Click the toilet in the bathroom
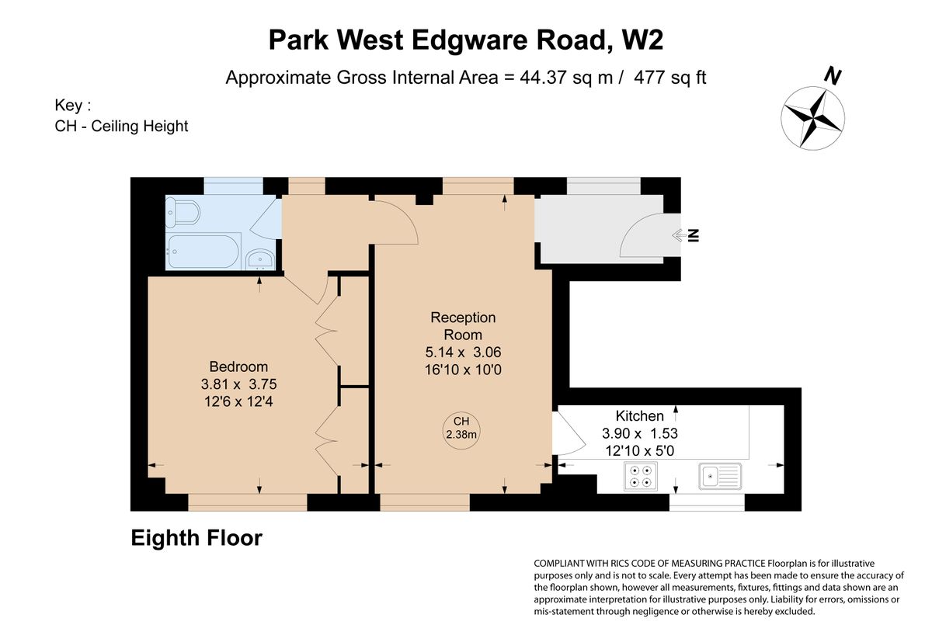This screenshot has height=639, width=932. click(x=183, y=213)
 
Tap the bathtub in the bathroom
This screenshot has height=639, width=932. click(x=203, y=252)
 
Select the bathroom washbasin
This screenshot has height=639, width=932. click(x=260, y=260)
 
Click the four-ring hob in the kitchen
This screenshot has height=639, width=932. click(x=641, y=476)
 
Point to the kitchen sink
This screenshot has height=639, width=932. click(x=720, y=476)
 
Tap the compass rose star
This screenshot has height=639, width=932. click(x=812, y=118)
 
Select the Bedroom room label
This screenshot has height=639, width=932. click(x=238, y=366)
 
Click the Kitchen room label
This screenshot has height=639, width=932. click(x=639, y=415)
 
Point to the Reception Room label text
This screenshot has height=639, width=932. click(x=463, y=326)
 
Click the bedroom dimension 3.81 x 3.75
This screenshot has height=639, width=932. click(x=238, y=384)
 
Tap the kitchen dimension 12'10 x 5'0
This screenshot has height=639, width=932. click(x=639, y=450)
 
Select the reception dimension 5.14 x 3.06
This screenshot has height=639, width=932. click(x=463, y=352)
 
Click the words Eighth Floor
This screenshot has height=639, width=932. click(x=196, y=538)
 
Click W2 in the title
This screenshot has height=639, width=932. click(x=642, y=40)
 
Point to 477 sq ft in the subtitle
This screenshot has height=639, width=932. click(x=669, y=78)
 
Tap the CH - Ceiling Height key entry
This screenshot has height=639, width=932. click(x=121, y=126)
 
